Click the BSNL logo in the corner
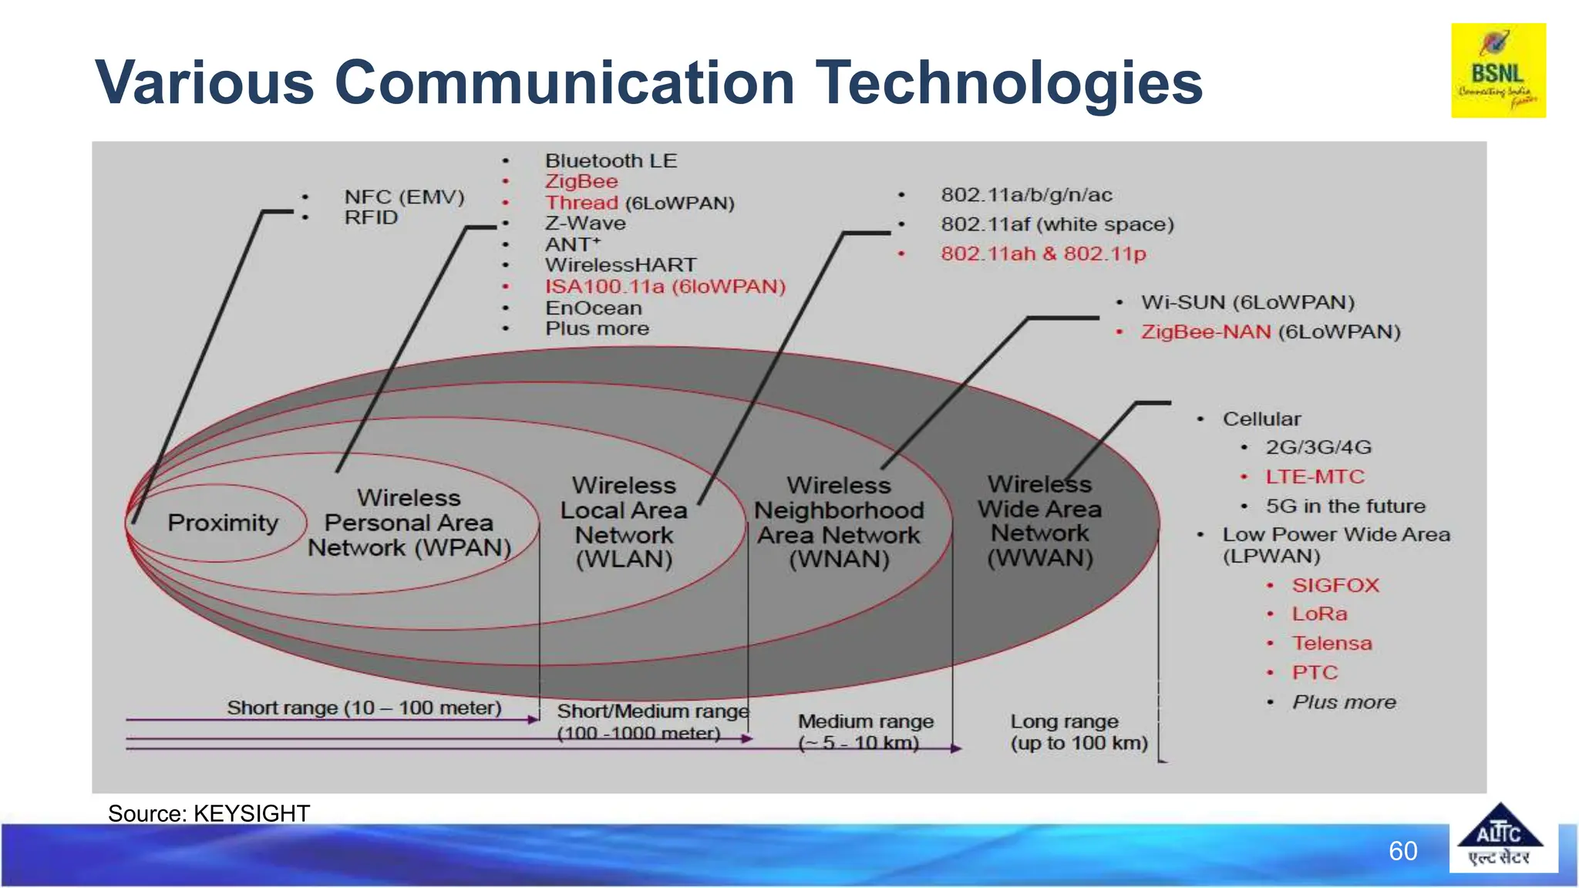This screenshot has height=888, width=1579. pos(1498,71)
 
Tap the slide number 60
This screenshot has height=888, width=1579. pos(1402,851)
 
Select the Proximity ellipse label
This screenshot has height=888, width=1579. pos(223,523)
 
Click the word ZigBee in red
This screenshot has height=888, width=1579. pos(581,182)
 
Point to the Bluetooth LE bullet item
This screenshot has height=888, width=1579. pos(611,161)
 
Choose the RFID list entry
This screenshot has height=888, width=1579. pos(371,218)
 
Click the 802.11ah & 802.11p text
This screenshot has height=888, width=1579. pos(1042,254)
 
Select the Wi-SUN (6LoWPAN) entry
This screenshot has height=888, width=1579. pos(1247,302)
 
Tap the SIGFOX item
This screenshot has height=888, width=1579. pos(1335,585)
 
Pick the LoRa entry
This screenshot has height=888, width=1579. pos(1319,614)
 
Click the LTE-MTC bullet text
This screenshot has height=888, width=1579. pos(1315,477)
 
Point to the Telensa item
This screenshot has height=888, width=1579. pos(1332,644)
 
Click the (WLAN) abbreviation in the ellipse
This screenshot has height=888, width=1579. pos(624,560)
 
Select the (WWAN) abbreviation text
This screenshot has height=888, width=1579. pos(1040,558)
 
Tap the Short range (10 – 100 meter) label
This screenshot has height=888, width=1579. pos(364,708)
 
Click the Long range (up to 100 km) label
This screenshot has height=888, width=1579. pos(1078,732)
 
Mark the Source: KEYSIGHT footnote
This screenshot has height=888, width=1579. pos(209,813)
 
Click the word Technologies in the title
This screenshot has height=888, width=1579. pos(1008,83)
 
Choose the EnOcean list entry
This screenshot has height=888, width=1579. pos(593,308)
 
